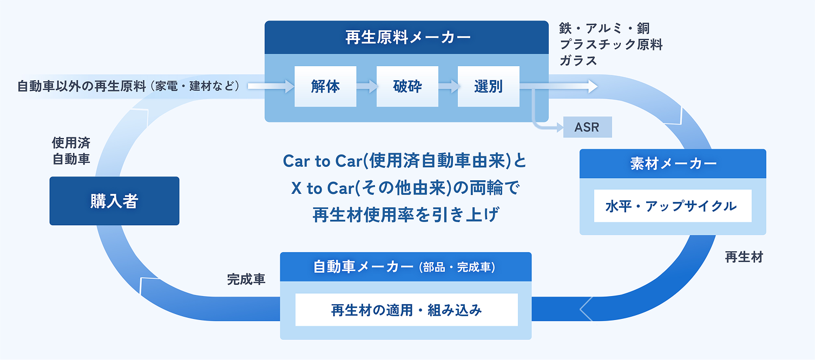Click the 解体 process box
[x=325, y=86]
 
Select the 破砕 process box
[x=407, y=86]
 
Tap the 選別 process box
[x=488, y=86]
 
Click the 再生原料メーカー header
[x=406, y=37]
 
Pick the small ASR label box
[x=588, y=127]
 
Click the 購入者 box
[x=114, y=201]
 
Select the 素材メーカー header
[x=673, y=163]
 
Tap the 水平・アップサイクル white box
[x=672, y=206]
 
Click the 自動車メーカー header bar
[x=405, y=267]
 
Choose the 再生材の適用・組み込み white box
[x=406, y=310]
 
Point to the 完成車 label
[x=246, y=280]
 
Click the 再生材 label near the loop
[x=744, y=257]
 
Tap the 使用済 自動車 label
[x=71, y=151]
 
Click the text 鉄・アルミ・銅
[x=604, y=29]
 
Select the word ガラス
[x=579, y=61]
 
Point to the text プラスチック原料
[x=611, y=44]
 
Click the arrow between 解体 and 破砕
[x=366, y=86]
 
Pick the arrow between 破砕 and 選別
[x=448, y=86]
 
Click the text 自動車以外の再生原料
[x=82, y=86]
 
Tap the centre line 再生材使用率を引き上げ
[x=405, y=215]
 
